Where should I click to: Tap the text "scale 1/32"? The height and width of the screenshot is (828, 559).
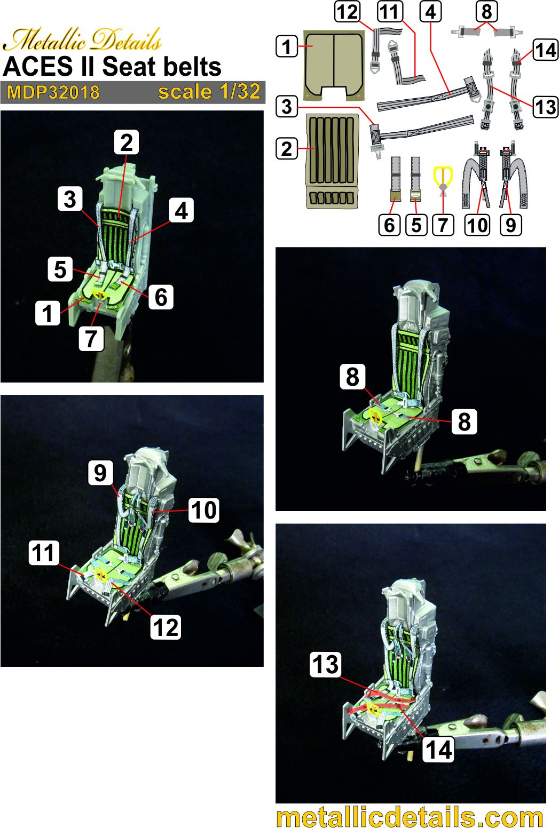[209, 92]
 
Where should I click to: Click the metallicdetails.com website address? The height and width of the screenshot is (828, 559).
[410, 817]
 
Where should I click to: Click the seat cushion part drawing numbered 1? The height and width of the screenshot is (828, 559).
[333, 65]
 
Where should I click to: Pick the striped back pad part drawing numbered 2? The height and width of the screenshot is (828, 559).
[331, 160]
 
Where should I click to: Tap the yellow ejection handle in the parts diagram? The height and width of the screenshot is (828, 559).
[443, 179]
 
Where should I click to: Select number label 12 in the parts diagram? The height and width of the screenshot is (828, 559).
[348, 11]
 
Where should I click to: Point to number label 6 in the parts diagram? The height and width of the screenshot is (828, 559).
[390, 225]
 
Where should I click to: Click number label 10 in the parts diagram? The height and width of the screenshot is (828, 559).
[477, 225]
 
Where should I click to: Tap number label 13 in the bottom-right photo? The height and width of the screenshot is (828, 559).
[325, 665]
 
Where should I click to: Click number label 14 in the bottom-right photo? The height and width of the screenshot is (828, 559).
[438, 750]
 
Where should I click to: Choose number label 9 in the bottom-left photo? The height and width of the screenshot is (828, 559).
[100, 473]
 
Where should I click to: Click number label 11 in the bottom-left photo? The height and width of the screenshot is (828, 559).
[44, 553]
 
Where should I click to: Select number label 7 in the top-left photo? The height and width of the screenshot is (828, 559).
[91, 338]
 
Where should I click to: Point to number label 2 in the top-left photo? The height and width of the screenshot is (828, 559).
[126, 142]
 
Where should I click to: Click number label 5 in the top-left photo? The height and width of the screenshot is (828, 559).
[60, 269]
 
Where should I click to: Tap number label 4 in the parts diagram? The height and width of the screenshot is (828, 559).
[431, 11]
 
